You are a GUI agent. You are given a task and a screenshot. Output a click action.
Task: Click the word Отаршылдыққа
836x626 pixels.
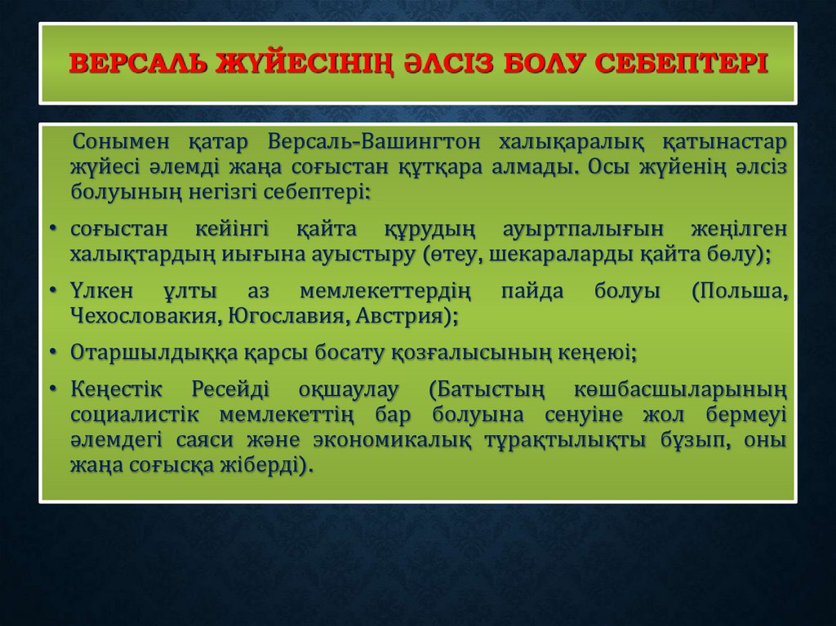155,353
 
